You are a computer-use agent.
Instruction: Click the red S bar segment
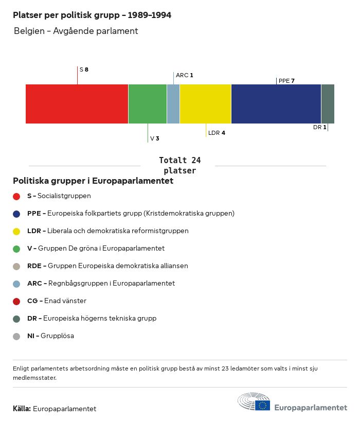pyautogui.click(x=77, y=104)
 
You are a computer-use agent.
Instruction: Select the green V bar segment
pyautogui.click(x=148, y=104)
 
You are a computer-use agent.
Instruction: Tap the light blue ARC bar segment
pyautogui.click(x=173, y=104)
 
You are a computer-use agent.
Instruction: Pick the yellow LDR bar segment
pyautogui.click(x=205, y=104)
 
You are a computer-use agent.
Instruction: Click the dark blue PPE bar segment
pyautogui.click(x=276, y=104)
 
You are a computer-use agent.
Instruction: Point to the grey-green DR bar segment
pyautogui.click(x=328, y=104)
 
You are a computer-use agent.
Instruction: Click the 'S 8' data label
pyautogui.click(x=84, y=69)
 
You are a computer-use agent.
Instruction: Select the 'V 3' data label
pyautogui.click(x=154, y=138)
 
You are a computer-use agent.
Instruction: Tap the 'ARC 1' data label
pyautogui.click(x=184, y=75)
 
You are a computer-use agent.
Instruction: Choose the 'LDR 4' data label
pyautogui.click(x=217, y=133)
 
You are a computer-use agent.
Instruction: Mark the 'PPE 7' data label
pyautogui.click(x=286, y=80)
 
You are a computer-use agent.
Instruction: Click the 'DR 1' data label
pyautogui.click(x=319, y=127)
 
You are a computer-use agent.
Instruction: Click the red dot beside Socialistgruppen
pyautogui.click(x=16, y=196)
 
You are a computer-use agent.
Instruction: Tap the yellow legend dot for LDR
pyautogui.click(x=16, y=231)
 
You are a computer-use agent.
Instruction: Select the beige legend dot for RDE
pyautogui.click(x=16, y=266)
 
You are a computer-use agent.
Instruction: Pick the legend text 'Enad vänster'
pyautogui.click(x=65, y=301)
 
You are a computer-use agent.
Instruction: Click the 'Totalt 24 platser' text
pyautogui.click(x=179, y=165)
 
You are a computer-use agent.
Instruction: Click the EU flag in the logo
pyautogui.click(x=262, y=406)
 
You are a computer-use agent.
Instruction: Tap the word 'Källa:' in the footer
pyautogui.click(x=22, y=409)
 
